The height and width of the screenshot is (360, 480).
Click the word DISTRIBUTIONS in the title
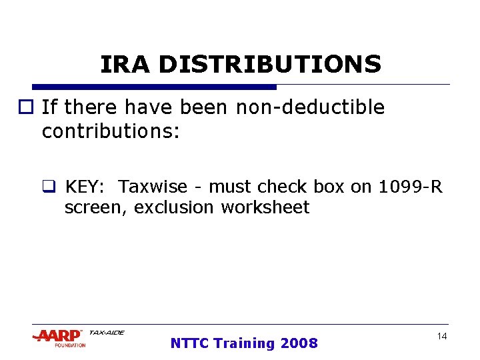269,65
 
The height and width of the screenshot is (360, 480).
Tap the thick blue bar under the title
154,87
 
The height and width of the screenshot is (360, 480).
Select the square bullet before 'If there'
33,108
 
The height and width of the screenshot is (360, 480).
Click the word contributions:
111,131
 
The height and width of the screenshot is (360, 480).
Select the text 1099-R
410,187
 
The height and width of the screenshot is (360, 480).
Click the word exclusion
175,207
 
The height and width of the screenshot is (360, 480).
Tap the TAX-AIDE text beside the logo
107,333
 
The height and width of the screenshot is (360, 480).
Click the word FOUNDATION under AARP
70,345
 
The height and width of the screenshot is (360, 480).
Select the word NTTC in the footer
189,343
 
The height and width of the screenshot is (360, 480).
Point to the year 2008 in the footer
299,343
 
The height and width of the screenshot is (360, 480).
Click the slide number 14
441,337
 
